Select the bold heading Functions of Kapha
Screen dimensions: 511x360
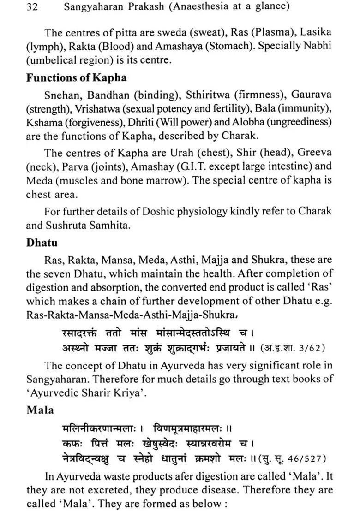click(76, 78)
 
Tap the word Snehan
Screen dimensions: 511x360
click(63, 95)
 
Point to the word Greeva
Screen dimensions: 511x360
click(312, 152)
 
